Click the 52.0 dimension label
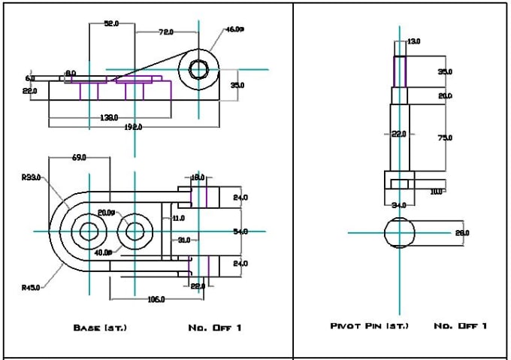pyautogui.click(x=111, y=24)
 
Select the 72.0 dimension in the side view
pyautogui.click(x=166, y=32)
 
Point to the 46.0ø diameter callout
pyautogui.click(x=235, y=30)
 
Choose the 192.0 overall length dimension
pyautogui.click(x=132, y=127)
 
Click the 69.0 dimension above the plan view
pyautogui.click(x=79, y=158)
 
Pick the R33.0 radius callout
pyautogui.click(x=32, y=178)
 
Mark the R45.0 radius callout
pyautogui.click(x=32, y=287)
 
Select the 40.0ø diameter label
pyautogui.click(x=104, y=253)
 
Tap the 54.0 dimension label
pyautogui.click(x=240, y=232)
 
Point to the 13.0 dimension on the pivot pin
pyautogui.click(x=413, y=42)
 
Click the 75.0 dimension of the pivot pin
pyautogui.click(x=445, y=138)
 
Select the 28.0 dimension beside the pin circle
pyautogui.click(x=462, y=233)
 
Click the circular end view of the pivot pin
pyautogui.click(x=399, y=232)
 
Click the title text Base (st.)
pyautogui.click(x=100, y=328)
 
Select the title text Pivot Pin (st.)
pyautogui.click(x=366, y=325)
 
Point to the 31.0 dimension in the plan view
pyautogui.click(x=183, y=241)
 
